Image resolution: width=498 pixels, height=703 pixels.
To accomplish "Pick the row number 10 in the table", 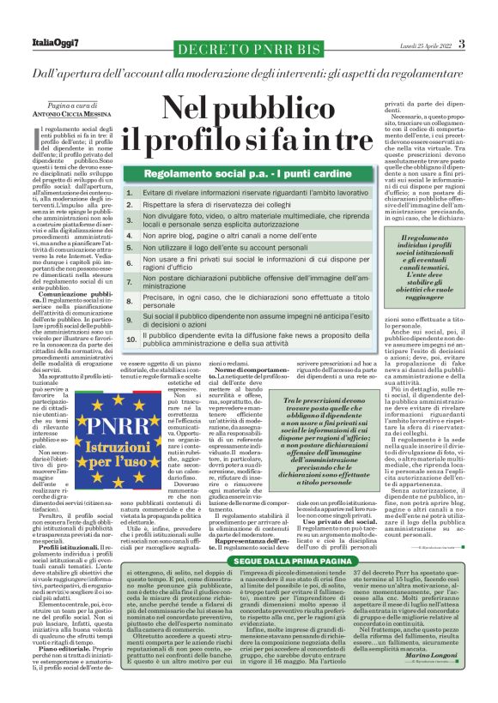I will click(131, 339).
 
